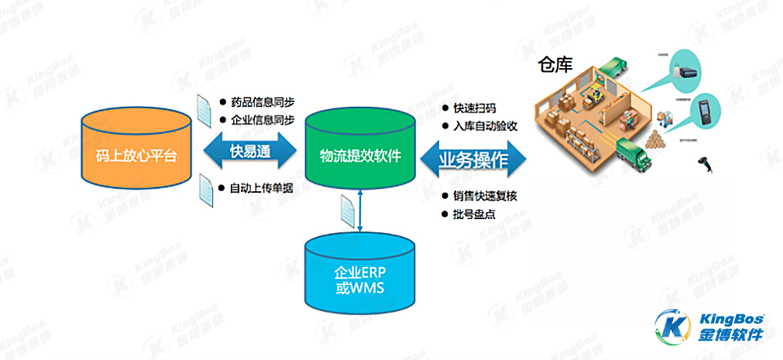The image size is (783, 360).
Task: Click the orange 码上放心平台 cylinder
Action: (136, 156)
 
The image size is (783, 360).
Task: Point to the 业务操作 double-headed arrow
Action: (472, 160)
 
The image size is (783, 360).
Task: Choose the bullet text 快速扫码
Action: (475, 108)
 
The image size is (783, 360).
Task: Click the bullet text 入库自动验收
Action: (485, 126)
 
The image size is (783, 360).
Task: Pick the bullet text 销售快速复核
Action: (485, 196)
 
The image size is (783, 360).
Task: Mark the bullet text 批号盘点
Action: (475, 214)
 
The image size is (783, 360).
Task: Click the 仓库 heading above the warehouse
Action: (555, 64)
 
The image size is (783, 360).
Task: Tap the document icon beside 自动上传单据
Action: (206, 187)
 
